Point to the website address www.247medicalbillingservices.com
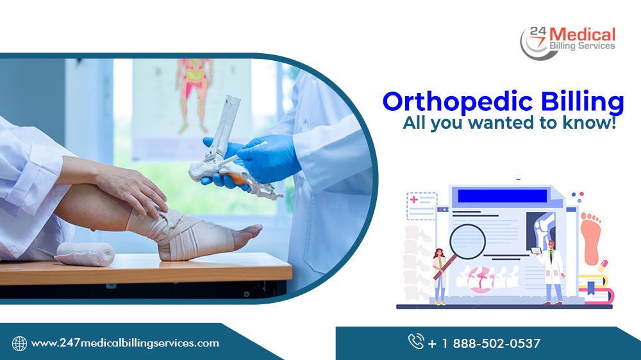[125, 343]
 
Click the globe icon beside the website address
[19, 343]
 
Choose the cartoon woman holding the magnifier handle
[440, 275]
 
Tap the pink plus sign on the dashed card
[415, 200]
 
